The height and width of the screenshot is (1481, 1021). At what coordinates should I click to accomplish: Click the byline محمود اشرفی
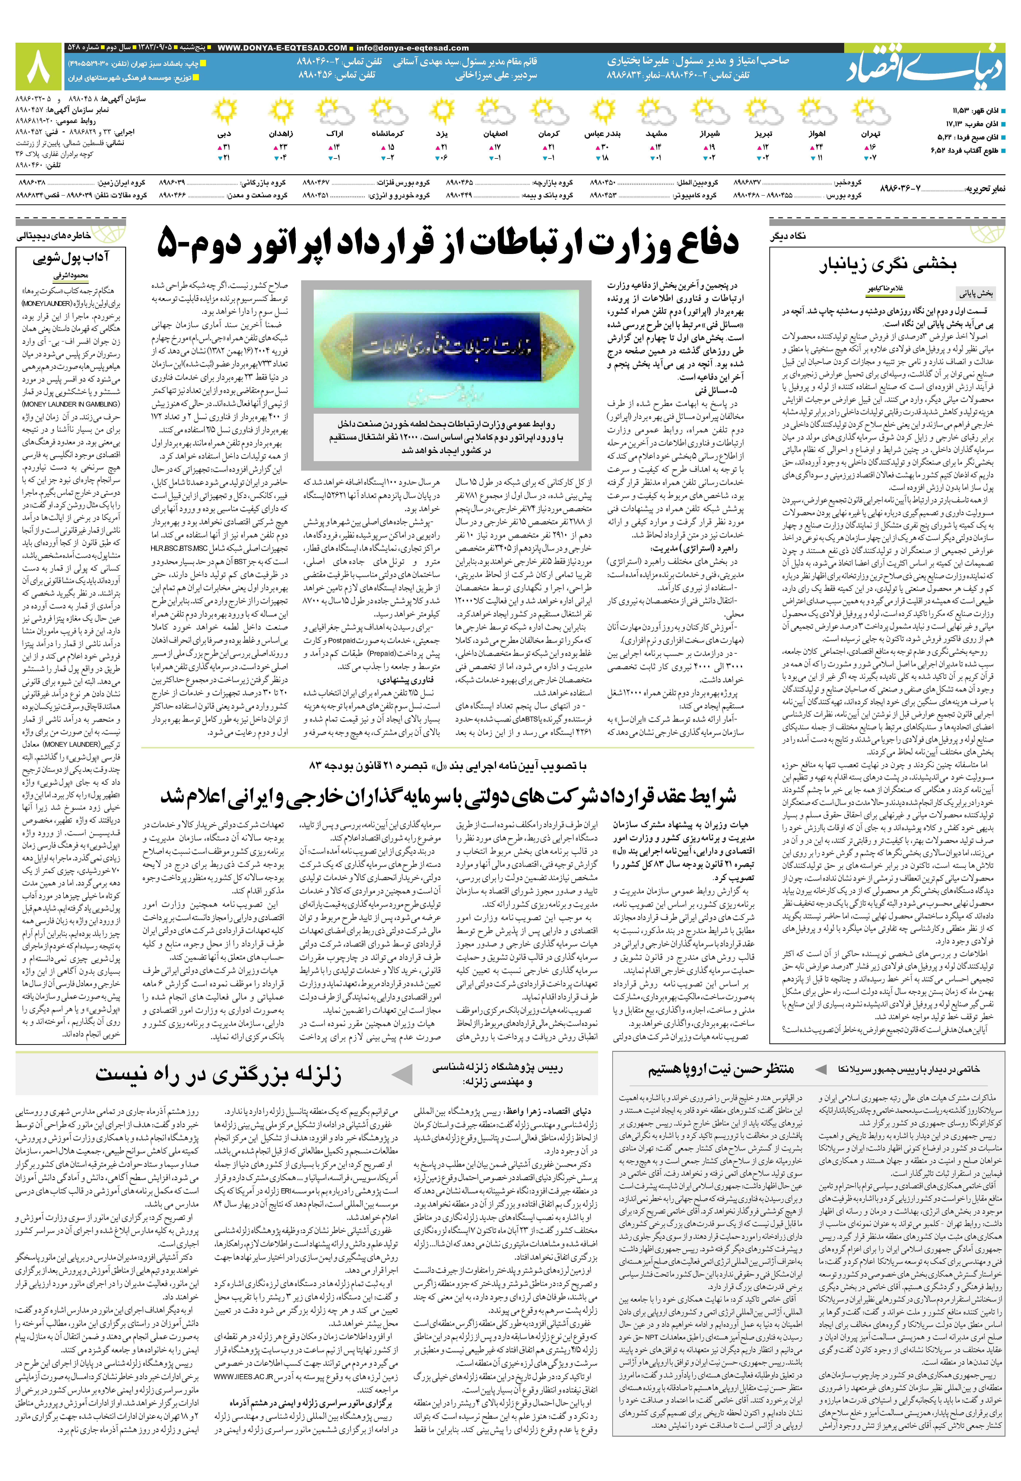tap(70, 276)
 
